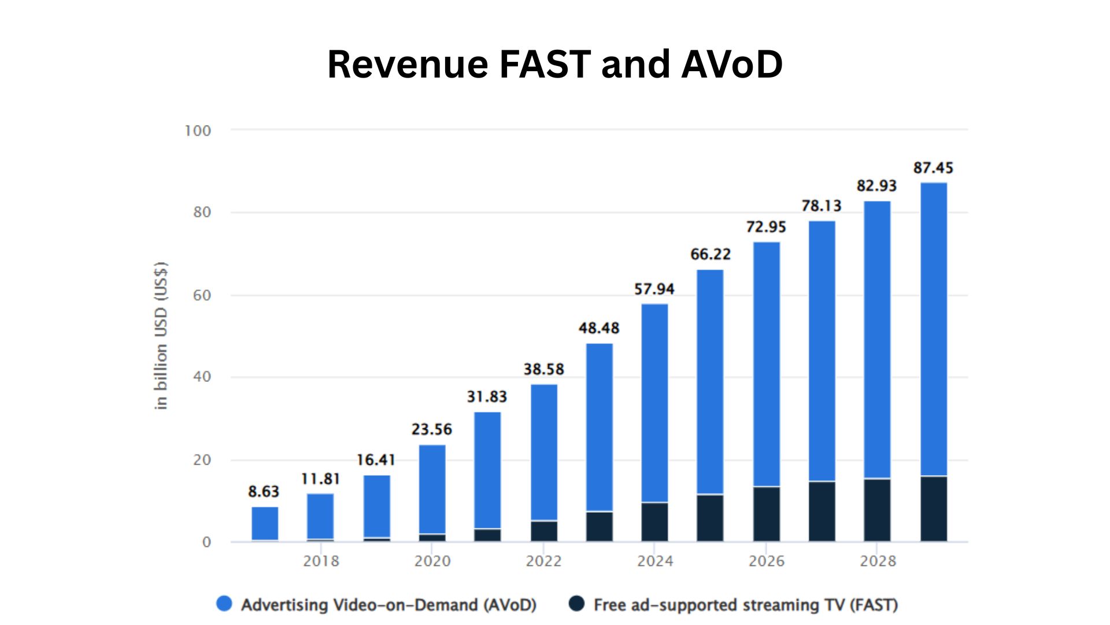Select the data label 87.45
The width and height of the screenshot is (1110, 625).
(933, 168)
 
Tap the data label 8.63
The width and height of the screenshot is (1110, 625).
(264, 491)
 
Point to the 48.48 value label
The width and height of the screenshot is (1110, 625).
(599, 328)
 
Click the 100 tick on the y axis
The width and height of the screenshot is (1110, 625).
(198, 131)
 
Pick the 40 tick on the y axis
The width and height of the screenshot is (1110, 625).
(202, 377)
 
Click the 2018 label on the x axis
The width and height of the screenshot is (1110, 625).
(321, 561)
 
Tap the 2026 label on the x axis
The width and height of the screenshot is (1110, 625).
(766, 561)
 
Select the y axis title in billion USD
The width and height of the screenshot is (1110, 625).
(161, 336)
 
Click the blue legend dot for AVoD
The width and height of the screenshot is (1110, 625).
(224, 604)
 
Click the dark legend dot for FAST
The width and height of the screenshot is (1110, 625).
(576, 604)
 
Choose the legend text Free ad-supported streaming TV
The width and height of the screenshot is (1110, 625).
(745, 605)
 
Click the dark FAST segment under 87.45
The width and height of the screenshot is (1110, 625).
(933, 509)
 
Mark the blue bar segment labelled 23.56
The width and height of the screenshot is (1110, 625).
(432, 489)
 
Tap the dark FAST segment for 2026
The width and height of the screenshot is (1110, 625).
(766, 514)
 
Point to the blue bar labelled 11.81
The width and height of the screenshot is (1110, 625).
(320, 516)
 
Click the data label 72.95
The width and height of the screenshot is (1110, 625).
(765, 227)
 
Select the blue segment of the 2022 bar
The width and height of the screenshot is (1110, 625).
(543, 452)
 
